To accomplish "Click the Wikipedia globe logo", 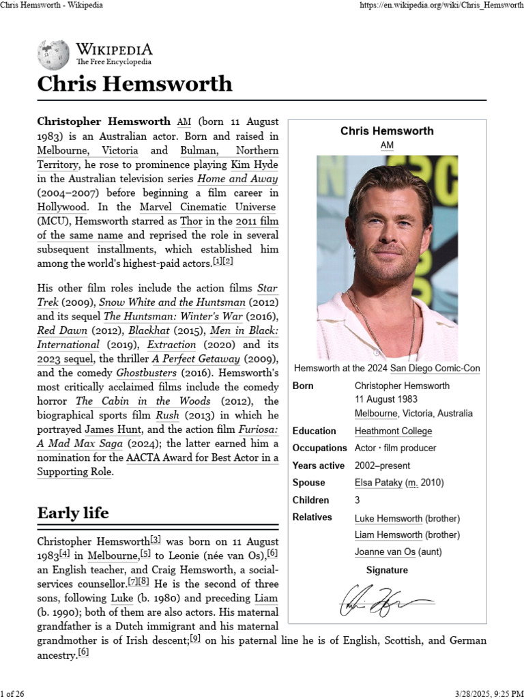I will (x=53, y=55).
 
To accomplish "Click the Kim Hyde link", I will (x=254, y=165).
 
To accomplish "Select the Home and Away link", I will (x=237, y=179).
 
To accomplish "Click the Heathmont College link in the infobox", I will (x=393, y=431).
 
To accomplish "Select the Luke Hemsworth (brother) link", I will (x=388, y=519).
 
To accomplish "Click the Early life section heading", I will (x=73, y=513).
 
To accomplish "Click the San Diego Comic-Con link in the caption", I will (x=435, y=369).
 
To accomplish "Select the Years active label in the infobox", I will (x=319, y=466).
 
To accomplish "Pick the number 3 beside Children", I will (x=358, y=500).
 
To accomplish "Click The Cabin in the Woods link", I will (x=143, y=401).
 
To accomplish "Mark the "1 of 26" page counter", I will (x=13, y=694).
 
